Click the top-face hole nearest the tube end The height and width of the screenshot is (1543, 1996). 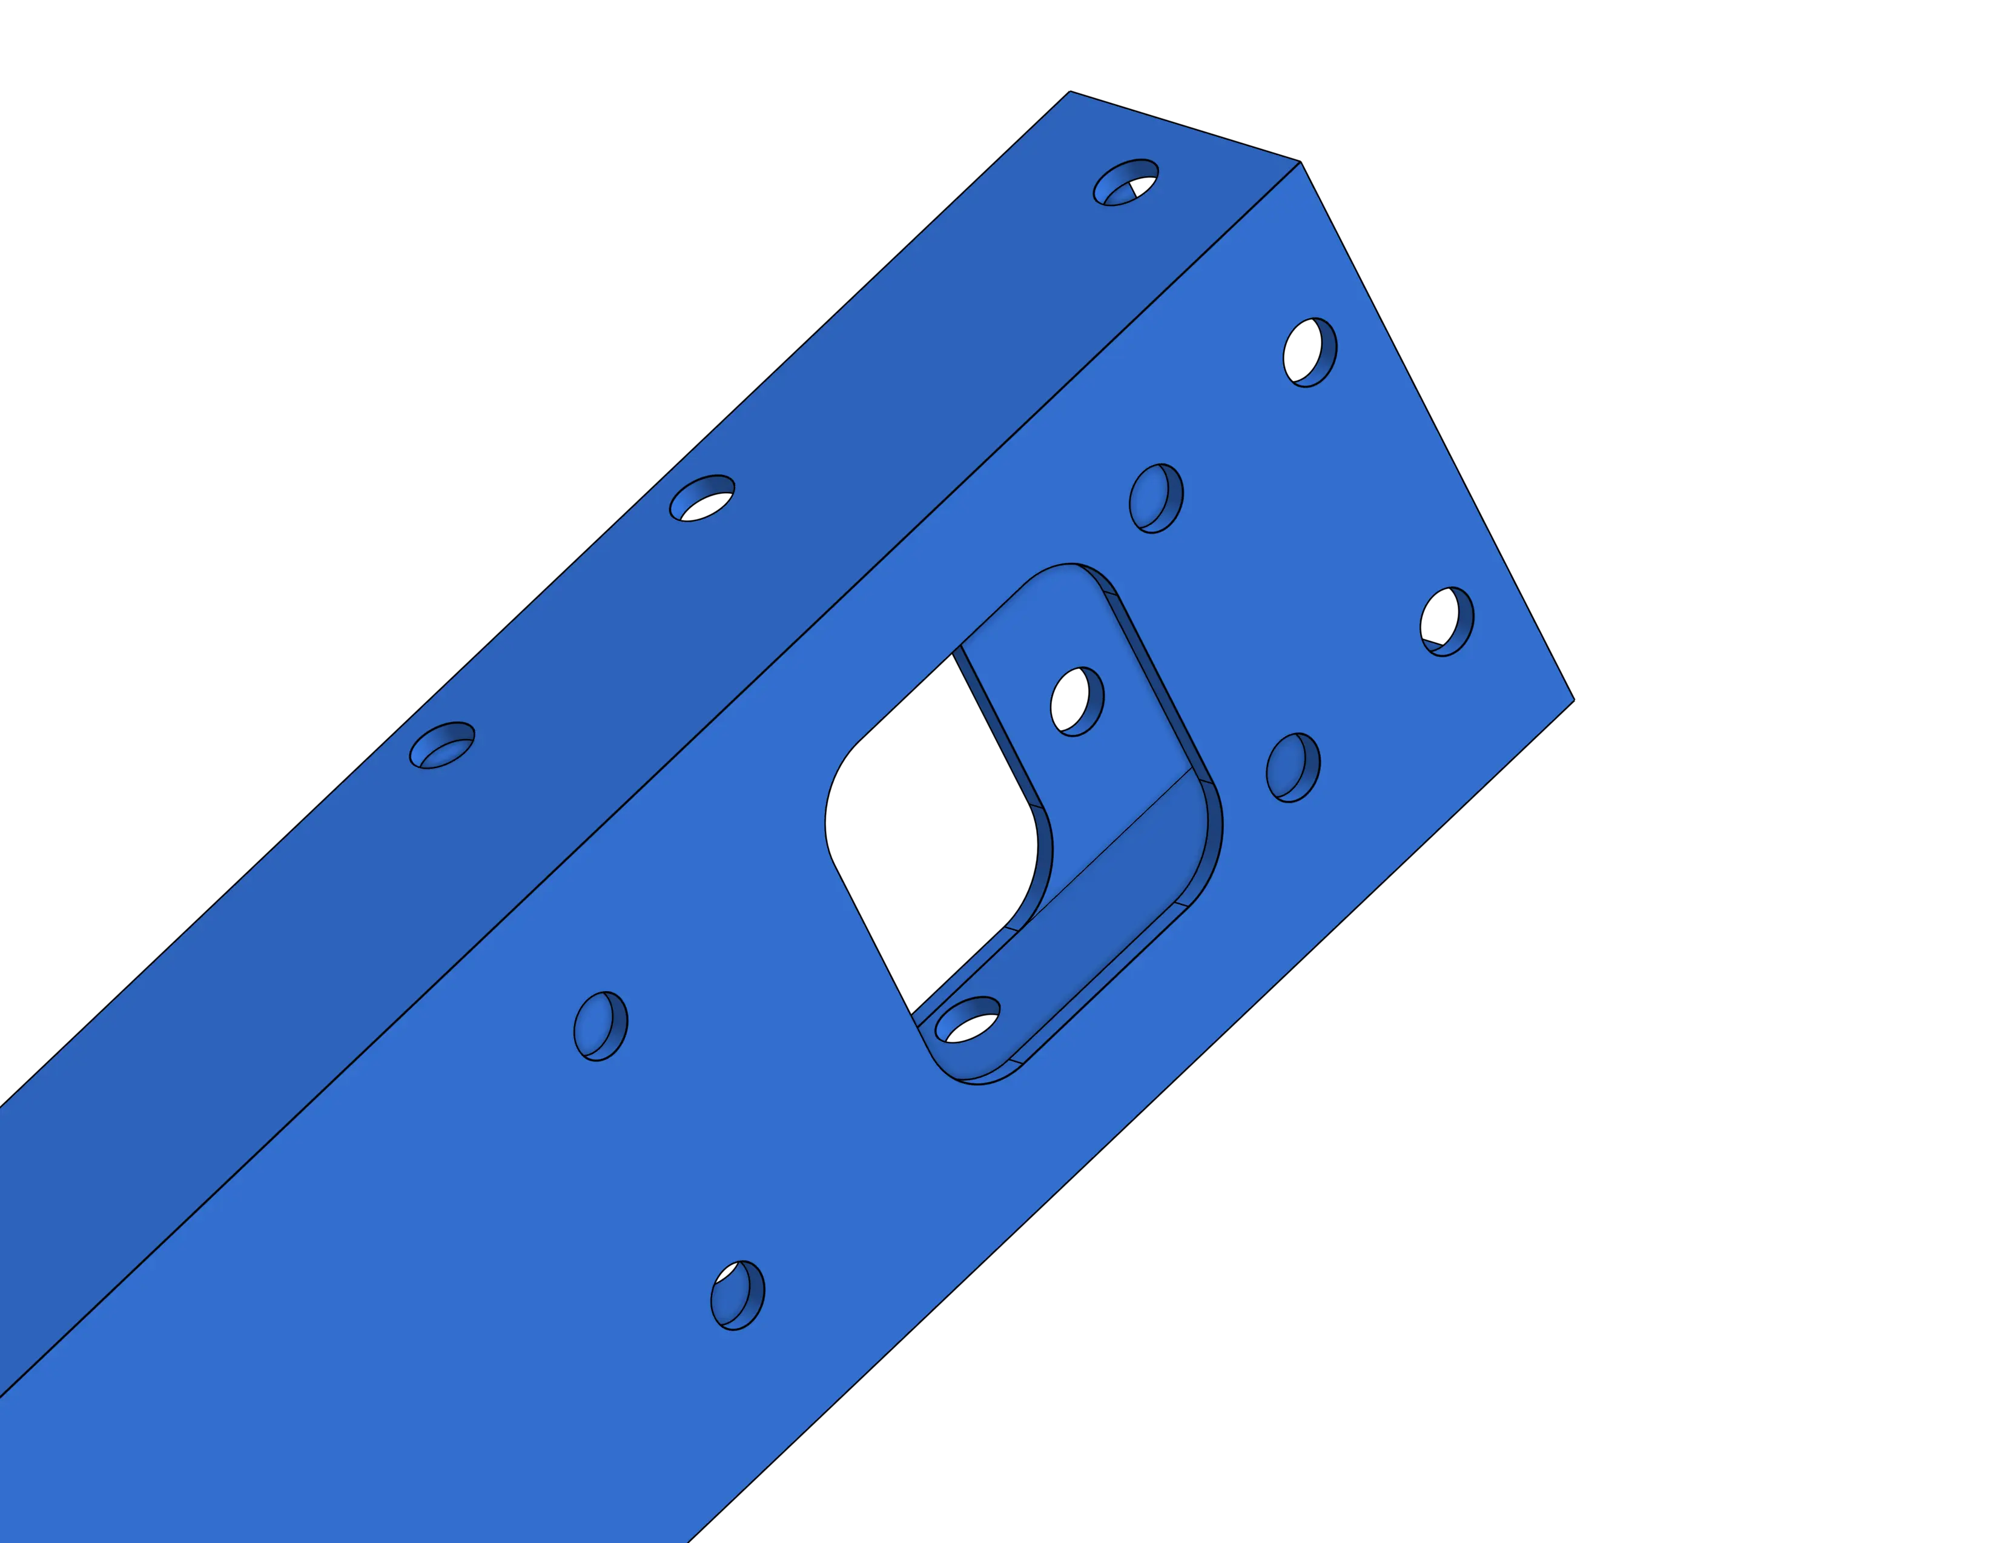(1125, 183)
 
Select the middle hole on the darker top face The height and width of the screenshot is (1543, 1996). (702, 498)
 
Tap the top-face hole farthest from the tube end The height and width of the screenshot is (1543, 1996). (441, 745)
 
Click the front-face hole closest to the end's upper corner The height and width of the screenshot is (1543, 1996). (1310, 352)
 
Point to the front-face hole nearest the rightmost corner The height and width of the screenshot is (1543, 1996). (1447, 622)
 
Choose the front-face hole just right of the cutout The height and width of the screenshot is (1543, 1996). (1292, 768)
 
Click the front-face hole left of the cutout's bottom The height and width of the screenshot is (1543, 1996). (601, 1026)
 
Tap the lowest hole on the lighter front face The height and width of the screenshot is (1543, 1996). (738, 1295)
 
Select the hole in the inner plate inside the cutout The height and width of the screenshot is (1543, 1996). (1077, 701)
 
